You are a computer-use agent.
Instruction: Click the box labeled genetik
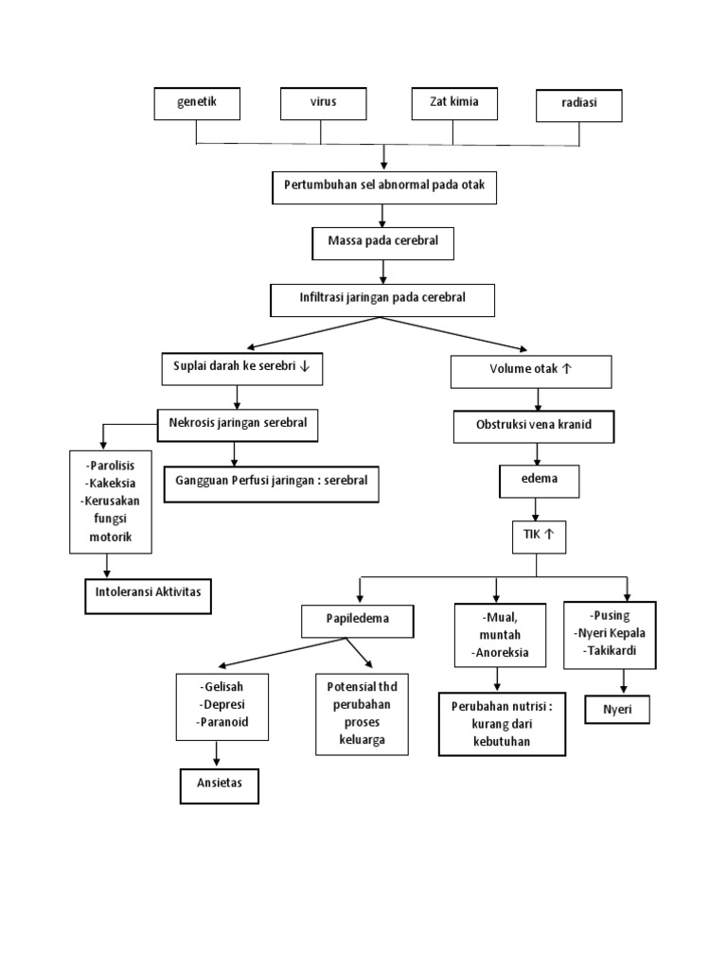[197, 103]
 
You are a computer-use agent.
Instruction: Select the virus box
[323, 103]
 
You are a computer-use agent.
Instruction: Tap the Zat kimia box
[452, 103]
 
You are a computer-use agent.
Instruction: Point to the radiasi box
[578, 105]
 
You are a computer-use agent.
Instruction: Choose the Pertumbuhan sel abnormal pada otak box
[383, 186]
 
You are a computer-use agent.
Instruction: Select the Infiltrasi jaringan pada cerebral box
[382, 299]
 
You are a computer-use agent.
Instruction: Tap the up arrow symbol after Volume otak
[566, 370]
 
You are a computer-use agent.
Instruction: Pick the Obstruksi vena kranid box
[534, 426]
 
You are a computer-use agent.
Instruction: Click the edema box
[539, 480]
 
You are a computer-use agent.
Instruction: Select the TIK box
[536, 536]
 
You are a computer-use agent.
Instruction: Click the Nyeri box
[617, 709]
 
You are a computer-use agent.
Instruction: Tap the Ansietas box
[220, 786]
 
